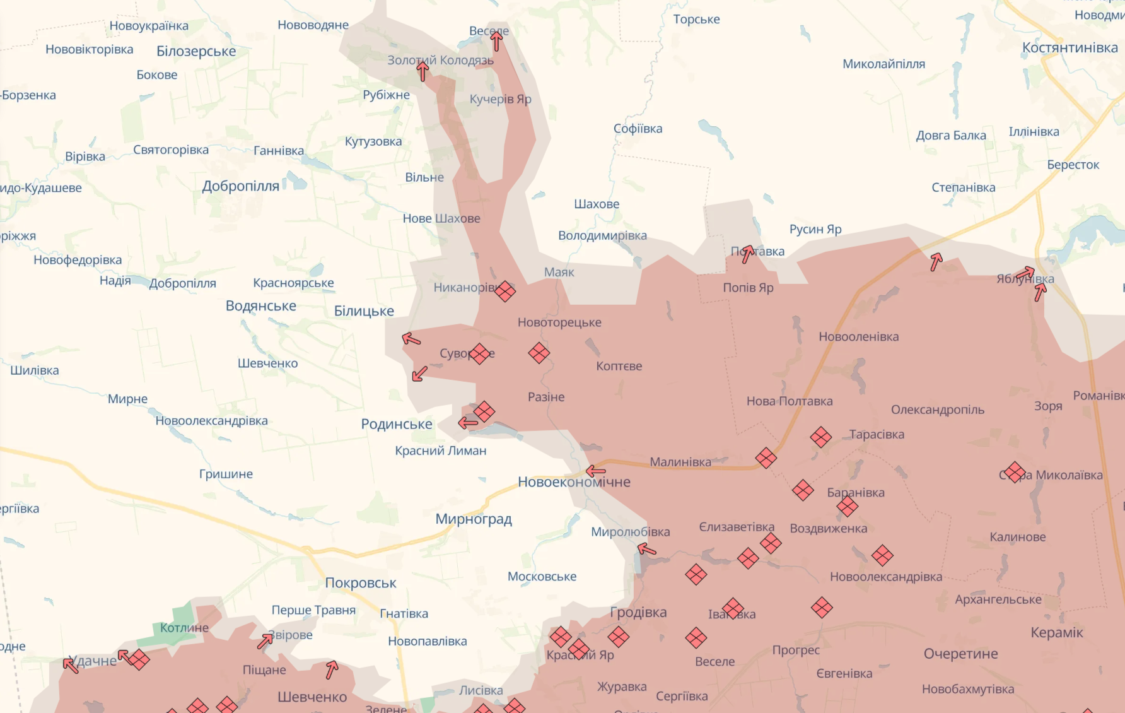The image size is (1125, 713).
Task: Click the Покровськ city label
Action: coord(360,583)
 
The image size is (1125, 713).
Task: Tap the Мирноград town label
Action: coord(473,519)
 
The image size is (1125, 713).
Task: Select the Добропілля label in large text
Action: coord(240,186)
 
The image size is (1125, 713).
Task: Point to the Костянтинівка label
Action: coord(1070,48)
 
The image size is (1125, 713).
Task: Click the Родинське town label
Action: coord(396,424)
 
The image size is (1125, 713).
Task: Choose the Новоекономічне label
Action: coord(574,482)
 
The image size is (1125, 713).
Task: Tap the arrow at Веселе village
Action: coord(496,41)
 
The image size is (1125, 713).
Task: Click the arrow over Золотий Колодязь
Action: coord(423,71)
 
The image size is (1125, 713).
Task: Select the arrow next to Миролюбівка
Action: coord(647,550)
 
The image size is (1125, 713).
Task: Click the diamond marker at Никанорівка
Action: coord(504,291)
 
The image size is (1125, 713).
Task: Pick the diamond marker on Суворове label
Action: coord(480,354)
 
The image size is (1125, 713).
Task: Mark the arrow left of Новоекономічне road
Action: coord(595,471)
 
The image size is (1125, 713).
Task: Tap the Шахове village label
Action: coord(597,204)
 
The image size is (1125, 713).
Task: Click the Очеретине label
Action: coord(960,654)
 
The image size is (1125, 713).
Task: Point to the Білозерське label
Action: coord(196,51)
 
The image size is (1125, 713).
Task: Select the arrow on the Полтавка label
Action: coord(747,254)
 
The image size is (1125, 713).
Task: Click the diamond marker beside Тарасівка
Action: coord(820,437)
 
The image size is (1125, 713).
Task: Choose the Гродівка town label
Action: coord(638,612)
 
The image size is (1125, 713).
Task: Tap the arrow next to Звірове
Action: coord(265,641)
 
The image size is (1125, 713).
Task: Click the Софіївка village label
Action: coord(638,129)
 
